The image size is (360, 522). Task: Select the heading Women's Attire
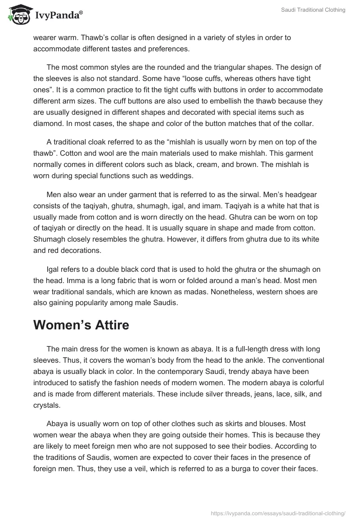click(x=81, y=325)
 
